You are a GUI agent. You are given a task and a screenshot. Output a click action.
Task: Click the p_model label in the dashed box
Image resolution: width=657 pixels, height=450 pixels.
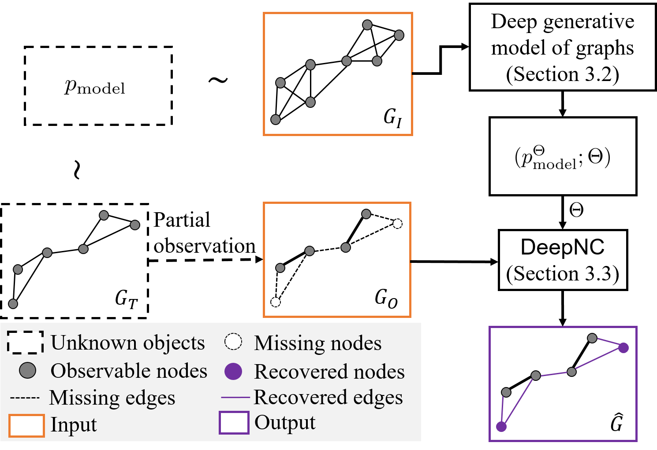pos(95,87)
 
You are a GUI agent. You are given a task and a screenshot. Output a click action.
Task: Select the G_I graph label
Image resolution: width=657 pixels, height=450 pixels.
pos(392,118)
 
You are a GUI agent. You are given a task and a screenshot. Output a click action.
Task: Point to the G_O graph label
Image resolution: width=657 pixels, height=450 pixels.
pos(386,299)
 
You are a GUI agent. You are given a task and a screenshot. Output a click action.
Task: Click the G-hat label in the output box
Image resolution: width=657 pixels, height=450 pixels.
pos(616,423)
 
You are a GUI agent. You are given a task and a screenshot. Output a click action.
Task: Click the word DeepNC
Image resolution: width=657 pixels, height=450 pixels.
pos(562,247)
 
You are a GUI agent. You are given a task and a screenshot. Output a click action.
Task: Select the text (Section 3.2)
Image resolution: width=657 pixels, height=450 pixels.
pos(562,74)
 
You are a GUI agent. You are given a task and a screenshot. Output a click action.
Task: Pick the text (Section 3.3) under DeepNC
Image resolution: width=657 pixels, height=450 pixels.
pos(562,274)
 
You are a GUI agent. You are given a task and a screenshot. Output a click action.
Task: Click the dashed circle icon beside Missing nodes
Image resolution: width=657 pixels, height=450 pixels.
pos(233,342)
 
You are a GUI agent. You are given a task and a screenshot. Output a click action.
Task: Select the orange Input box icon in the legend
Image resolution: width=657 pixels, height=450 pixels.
pos(26,425)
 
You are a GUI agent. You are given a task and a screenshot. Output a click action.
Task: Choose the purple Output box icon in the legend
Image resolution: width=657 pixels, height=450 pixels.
pos(234,422)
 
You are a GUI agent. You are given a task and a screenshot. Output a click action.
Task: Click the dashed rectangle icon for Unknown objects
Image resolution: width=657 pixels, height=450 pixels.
pos(25,342)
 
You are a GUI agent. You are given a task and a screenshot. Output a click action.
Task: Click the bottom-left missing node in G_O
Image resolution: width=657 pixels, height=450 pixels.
pos(276,302)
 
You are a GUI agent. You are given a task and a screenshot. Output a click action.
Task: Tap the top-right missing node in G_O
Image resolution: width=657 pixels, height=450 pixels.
pos(397,224)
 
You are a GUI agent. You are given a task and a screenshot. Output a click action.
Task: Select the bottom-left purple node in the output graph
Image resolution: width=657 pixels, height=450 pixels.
pos(501,426)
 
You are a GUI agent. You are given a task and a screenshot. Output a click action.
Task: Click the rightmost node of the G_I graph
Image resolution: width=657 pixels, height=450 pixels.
pos(399,35)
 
